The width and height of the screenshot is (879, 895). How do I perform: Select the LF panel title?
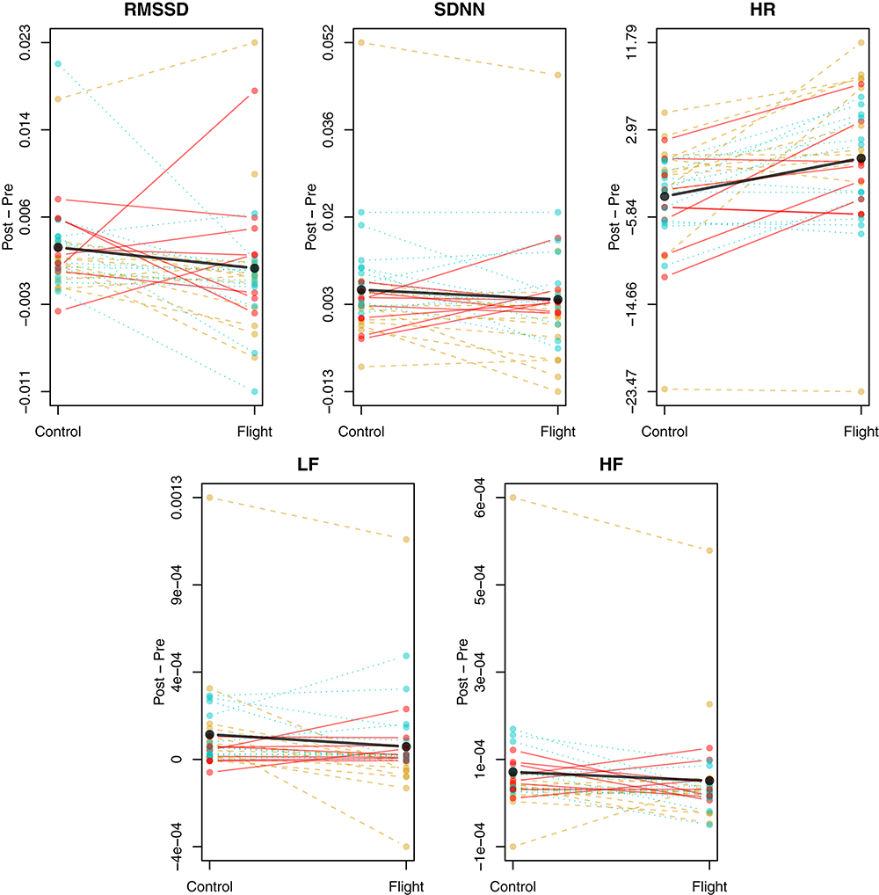pos(308,468)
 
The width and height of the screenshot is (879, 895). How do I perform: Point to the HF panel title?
pos(611,468)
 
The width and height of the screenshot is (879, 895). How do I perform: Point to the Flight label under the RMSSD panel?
pos(254,432)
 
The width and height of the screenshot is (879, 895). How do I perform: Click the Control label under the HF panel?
pos(513,886)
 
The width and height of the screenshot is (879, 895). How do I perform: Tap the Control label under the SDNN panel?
pos(361,432)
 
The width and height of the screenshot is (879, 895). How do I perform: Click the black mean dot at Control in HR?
pos(665,196)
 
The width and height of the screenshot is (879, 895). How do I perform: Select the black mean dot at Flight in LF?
pos(406,746)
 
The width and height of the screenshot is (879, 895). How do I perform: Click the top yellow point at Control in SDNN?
pos(361,42)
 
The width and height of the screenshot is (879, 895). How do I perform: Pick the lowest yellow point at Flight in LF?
pos(406,847)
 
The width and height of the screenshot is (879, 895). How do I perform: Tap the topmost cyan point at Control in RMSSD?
pos(58,64)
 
